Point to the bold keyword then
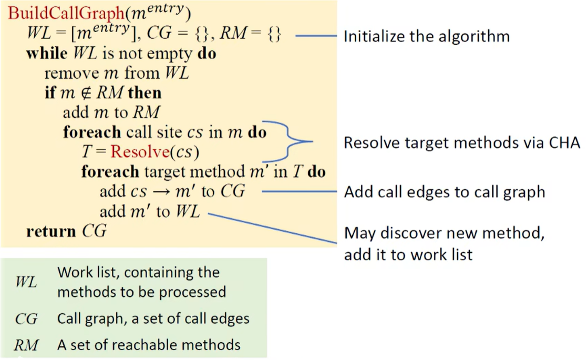(145, 93)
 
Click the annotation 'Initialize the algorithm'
(426, 36)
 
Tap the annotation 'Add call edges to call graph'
(445, 192)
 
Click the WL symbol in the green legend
(26, 282)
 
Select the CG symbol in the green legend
(26, 318)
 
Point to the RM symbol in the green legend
(26, 345)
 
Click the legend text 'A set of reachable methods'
(149, 345)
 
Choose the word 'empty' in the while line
(175, 54)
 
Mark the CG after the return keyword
(95, 231)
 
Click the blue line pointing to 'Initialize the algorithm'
(315, 36)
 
